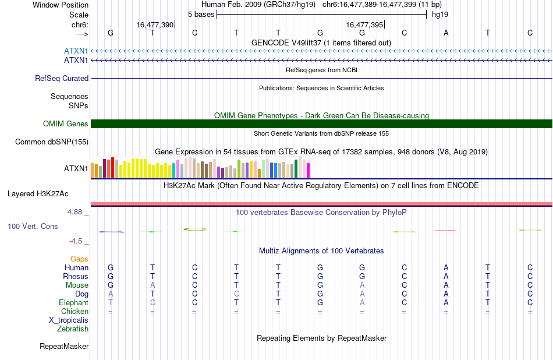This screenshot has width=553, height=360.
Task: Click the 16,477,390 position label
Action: coord(155,24)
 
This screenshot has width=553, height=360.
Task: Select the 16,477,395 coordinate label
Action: coord(364,24)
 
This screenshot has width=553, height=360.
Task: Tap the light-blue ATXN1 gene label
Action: coord(76,51)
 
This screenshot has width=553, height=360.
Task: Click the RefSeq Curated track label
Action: coord(62,79)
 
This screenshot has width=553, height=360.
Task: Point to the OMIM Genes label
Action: coord(66,123)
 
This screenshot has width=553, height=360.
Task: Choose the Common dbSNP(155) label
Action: coord(52,142)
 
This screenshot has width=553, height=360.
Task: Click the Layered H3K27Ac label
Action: coord(38,194)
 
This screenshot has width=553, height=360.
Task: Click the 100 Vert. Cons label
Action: coord(33,226)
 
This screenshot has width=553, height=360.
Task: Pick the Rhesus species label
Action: coord(76,276)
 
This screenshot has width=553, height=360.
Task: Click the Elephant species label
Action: coord(74,302)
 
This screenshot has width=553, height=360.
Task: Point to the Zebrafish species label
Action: coord(73,329)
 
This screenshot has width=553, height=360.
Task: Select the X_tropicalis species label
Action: coord(69,320)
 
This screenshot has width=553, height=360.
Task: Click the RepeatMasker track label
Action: coord(64,346)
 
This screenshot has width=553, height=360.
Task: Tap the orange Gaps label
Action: coord(79,259)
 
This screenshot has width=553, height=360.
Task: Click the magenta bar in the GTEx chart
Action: coord(309,170)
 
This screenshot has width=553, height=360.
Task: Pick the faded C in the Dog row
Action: coord(236,294)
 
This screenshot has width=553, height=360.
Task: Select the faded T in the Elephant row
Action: coord(111,302)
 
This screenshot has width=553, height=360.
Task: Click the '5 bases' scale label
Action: coord(201,15)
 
